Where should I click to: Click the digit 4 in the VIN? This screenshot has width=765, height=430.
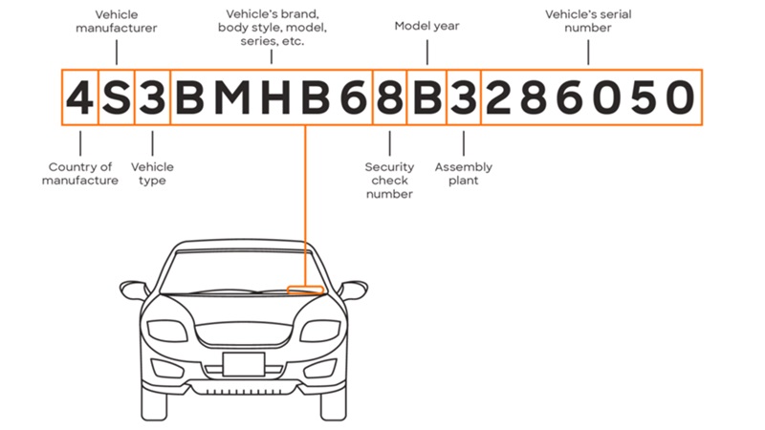[x=79, y=97]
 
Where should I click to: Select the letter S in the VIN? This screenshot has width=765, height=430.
[x=117, y=97]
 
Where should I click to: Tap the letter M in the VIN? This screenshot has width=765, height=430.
[x=231, y=97]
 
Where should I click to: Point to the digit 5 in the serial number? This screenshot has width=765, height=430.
[x=644, y=97]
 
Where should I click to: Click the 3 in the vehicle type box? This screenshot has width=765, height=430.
[x=152, y=97]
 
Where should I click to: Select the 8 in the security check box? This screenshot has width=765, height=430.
[x=390, y=97]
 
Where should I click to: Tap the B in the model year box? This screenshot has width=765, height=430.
[x=426, y=97]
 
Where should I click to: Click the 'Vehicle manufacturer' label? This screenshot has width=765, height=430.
[x=116, y=21]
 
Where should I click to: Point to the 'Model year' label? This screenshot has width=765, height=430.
[x=426, y=26]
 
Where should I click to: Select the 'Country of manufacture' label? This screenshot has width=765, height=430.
[x=80, y=174]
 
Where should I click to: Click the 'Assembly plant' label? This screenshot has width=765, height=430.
[x=464, y=174]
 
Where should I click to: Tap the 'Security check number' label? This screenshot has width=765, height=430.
[x=389, y=181]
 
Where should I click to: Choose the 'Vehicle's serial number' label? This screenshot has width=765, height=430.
[x=588, y=21]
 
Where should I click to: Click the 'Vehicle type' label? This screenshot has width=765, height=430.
[x=152, y=174]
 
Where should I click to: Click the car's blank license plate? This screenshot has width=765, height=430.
[x=244, y=364]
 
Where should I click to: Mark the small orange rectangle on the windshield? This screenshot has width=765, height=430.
[x=305, y=290]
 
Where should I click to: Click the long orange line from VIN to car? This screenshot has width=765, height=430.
[x=305, y=205]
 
